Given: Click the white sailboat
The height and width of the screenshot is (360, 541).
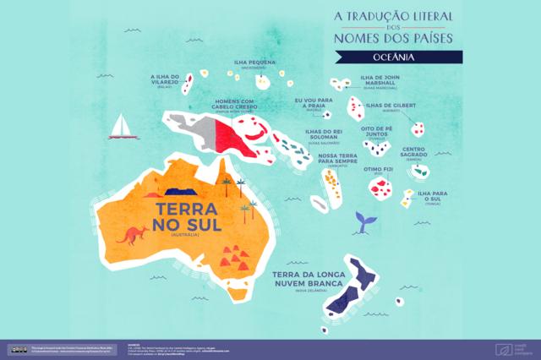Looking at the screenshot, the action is pos(123,127).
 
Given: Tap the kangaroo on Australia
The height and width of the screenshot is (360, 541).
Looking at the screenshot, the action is pos(132,234).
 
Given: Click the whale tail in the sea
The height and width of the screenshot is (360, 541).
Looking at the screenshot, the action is pos(365,221).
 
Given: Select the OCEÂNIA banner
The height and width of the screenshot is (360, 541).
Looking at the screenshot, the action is pos(398,57).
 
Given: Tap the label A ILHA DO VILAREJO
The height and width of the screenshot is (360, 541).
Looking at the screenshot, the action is pos(166,80).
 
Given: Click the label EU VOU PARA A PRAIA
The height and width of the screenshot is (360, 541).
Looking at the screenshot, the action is pos(314,104).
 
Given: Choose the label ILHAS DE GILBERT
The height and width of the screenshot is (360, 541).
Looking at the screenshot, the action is pos(391,106).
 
